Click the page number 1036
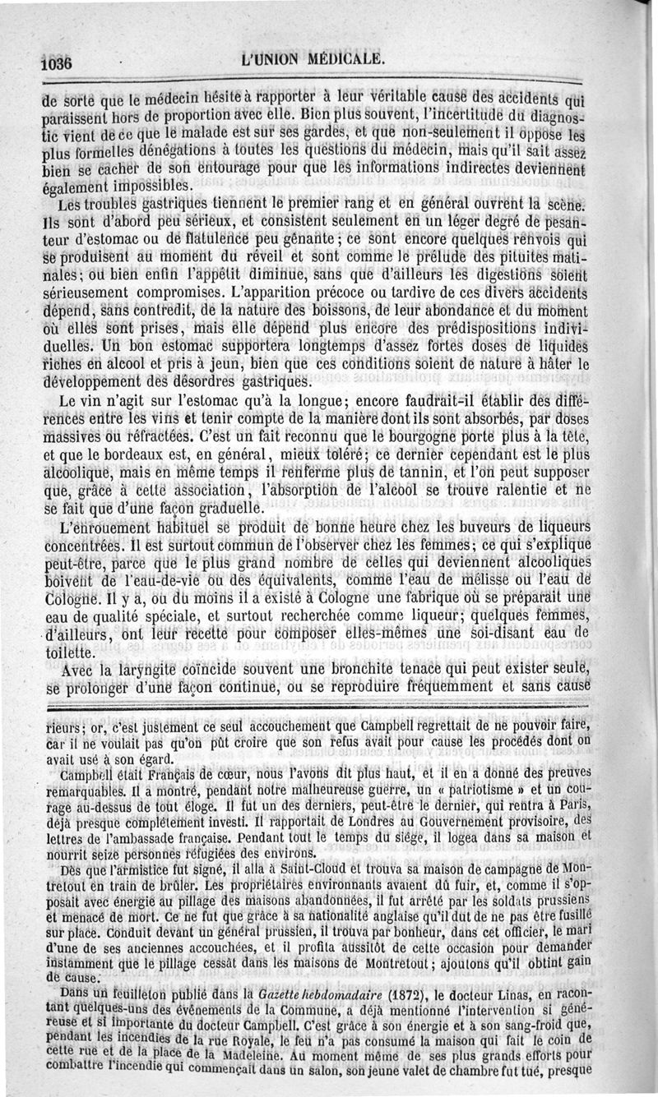57,62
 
